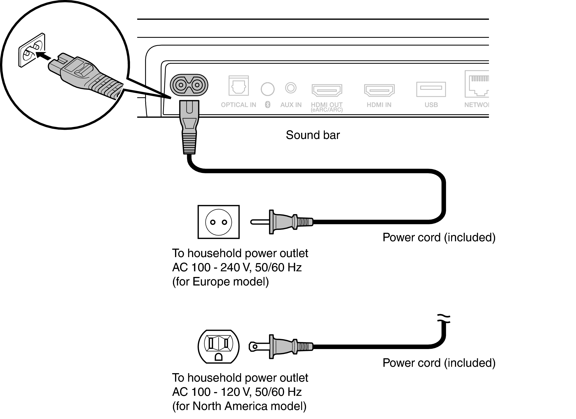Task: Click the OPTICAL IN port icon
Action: pos(238,86)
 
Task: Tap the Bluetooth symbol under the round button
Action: pos(268,104)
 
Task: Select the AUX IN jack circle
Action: pos(290,88)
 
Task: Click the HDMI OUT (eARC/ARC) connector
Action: pos(327,90)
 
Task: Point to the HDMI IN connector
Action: pos(379,90)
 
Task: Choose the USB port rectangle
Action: pos(431,89)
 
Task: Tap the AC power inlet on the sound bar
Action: pos(189,85)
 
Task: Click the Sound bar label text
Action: pos(313,135)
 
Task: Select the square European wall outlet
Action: pos(218,222)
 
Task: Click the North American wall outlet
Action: pos(218,346)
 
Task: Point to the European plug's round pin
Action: pos(259,222)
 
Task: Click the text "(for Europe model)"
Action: pos(220,282)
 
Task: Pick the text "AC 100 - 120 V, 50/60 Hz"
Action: pos(237,392)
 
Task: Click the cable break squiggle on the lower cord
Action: pos(444,319)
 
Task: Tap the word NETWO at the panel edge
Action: pos(476,105)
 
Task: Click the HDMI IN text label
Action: pos(379,105)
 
